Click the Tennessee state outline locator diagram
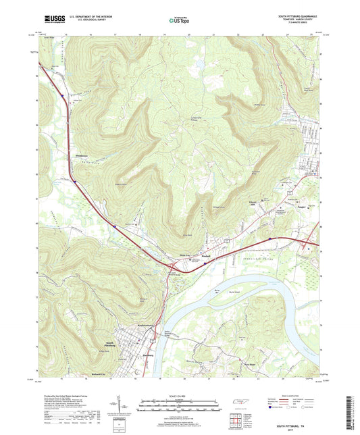[239, 403]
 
